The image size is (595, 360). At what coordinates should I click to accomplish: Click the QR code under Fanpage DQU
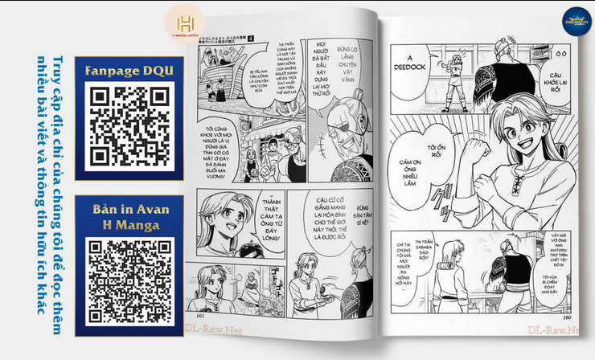[x=127, y=125]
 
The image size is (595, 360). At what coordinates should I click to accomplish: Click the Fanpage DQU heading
[x=128, y=71]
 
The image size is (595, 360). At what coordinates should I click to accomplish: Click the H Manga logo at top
[x=186, y=23]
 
